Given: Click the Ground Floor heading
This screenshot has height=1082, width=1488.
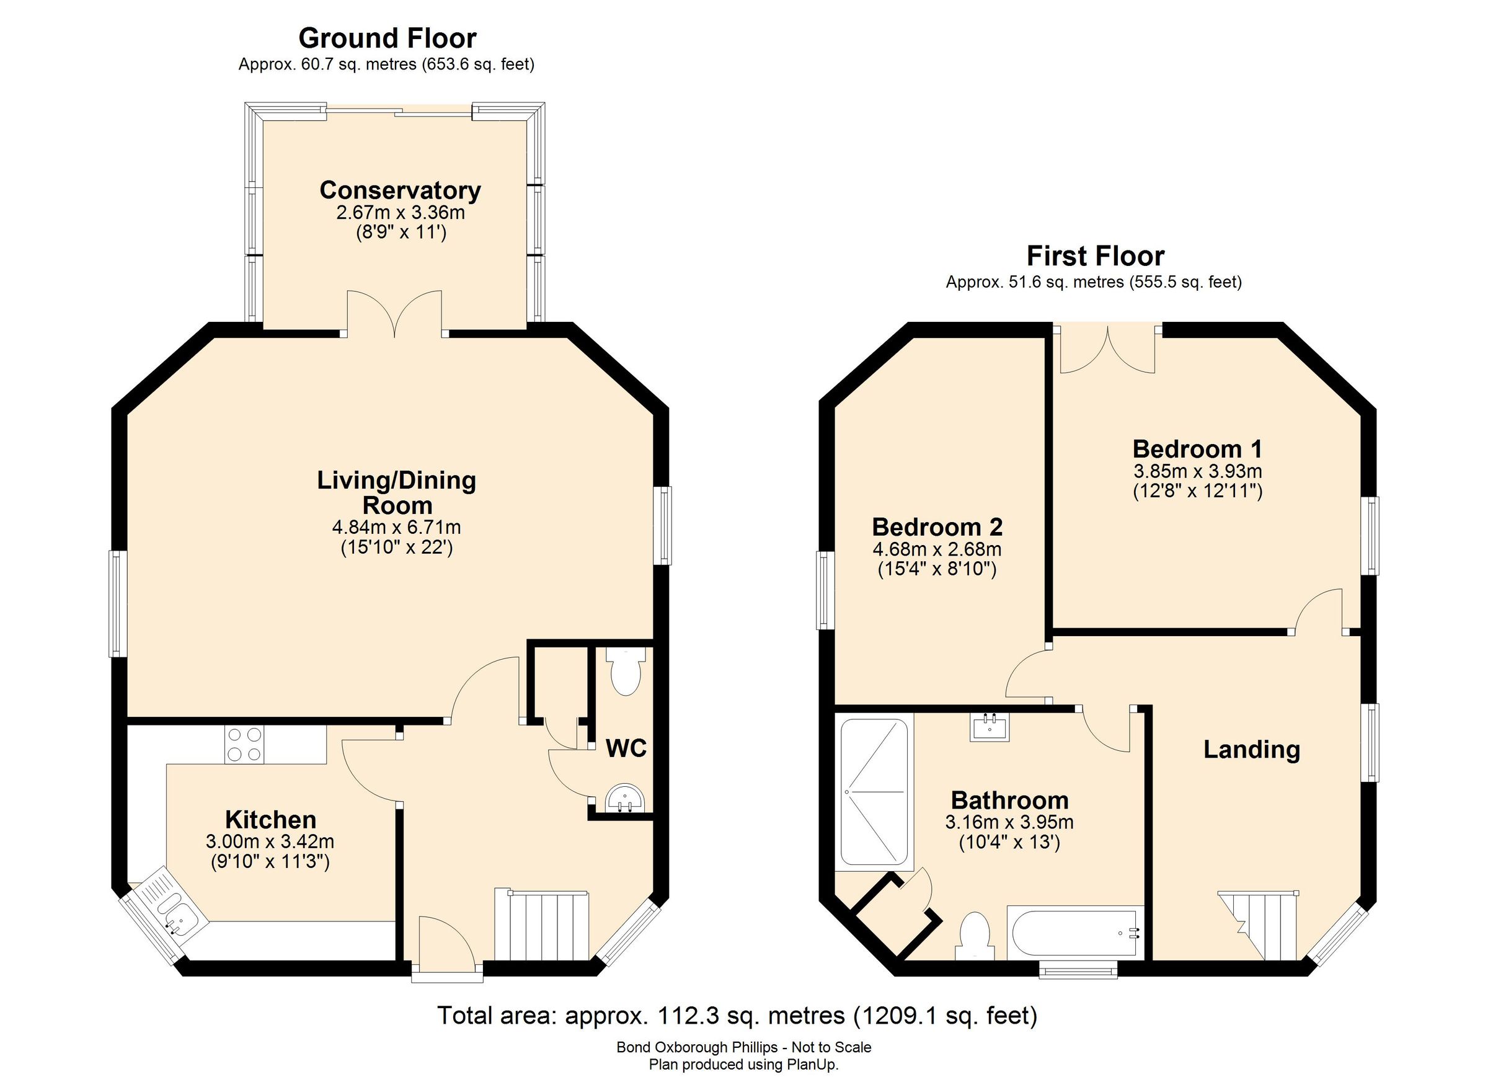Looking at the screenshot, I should pyautogui.click(x=387, y=38).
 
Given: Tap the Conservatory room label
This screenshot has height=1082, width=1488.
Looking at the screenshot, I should pyautogui.click(x=401, y=190).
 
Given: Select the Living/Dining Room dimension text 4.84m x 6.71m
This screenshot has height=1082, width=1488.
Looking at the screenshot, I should pyautogui.click(x=396, y=527).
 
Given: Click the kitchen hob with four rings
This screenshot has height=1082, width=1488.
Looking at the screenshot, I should pyautogui.click(x=245, y=744).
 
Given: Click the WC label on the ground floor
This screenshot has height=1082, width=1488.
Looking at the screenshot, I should pyautogui.click(x=626, y=748).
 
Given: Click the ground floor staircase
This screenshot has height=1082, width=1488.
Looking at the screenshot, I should pyautogui.click(x=542, y=926).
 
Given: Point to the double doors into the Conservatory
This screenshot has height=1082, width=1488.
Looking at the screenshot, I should pyautogui.click(x=394, y=314).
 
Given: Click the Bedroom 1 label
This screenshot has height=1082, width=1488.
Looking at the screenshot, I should pyautogui.click(x=1197, y=450).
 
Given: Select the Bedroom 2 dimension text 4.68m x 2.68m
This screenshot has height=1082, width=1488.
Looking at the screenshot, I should pyautogui.click(x=937, y=549).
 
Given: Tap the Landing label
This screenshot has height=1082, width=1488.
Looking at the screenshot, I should pyautogui.click(x=1251, y=749).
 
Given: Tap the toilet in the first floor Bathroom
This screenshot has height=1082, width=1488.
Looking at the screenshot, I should pyautogui.click(x=974, y=936).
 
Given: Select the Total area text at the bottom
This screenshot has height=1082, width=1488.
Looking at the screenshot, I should pyautogui.click(x=737, y=1016).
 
